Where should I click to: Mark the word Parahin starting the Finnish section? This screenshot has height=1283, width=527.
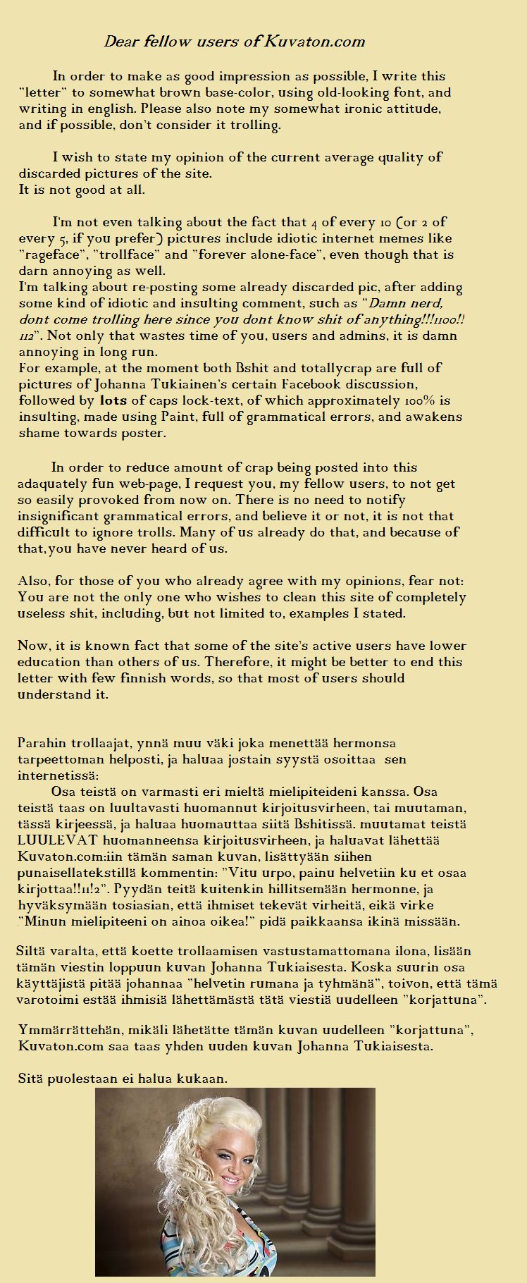[40, 743]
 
